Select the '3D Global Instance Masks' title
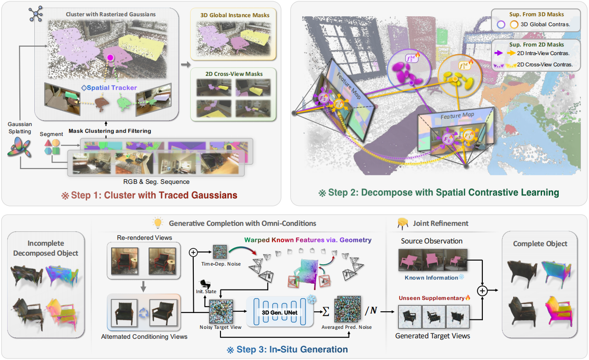[235, 15]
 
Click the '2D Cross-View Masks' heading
[234, 74]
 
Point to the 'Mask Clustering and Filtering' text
[110, 131]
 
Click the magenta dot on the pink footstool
[110, 57]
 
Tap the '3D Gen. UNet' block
[280, 312]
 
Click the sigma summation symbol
[326, 312]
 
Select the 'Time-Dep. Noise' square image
[220, 252]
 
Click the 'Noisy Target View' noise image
[221, 312]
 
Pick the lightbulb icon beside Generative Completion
[158, 223]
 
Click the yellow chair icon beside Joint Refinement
[402, 223]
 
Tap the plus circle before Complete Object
[482, 291]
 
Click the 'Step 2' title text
[439, 192]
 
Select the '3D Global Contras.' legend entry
[533, 24]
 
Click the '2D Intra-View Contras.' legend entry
[532, 53]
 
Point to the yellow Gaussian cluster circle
[459, 76]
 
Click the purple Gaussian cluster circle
[409, 71]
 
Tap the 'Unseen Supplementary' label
[431, 298]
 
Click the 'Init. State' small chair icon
[206, 284]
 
